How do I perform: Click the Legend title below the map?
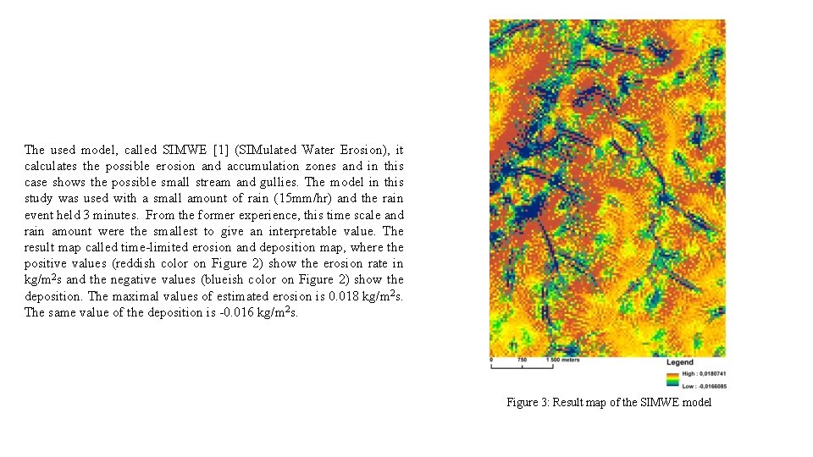pos(680,362)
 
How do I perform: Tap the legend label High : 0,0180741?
pos(704,373)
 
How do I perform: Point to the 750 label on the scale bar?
pos(522,360)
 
